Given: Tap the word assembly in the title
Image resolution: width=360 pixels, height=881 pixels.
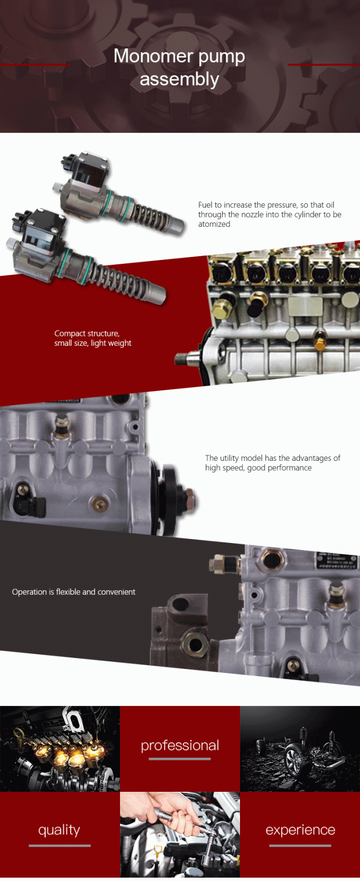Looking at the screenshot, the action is [x=179, y=79].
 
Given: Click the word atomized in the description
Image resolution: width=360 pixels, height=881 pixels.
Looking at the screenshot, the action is [x=214, y=224].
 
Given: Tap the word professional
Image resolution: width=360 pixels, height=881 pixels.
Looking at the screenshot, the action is [x=180, y=746].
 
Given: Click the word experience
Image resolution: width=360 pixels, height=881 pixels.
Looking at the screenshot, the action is [x=300, y=830].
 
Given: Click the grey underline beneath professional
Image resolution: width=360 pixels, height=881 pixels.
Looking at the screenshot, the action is [x=179, y=759].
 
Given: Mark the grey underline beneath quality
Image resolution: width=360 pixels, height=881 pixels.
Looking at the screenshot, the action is [x=59, y=845].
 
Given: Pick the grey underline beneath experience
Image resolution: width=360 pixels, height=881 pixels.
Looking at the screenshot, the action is [x=300, y=845].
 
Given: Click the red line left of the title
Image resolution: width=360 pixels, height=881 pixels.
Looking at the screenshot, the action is [x=35, y=64].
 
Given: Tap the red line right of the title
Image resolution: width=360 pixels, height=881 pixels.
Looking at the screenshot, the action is [x=324, y=64].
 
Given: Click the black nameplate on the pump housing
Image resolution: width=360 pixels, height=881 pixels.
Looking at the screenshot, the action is [x=337, y=561].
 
